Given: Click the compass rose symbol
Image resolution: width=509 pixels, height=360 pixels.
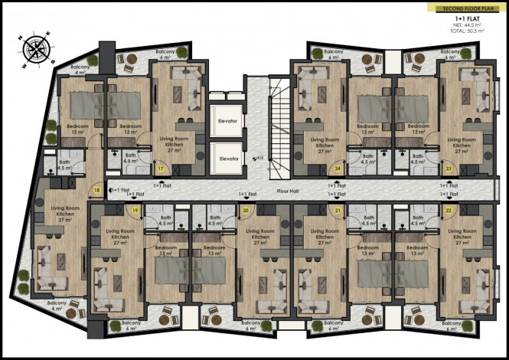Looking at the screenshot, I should tap(35, 47).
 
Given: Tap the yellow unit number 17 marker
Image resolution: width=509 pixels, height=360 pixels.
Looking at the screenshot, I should tap(162, 168).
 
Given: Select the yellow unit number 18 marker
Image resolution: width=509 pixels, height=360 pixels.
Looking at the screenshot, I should tap(97, 190).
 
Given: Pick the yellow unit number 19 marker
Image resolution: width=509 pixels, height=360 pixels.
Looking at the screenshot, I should tap(135, 210).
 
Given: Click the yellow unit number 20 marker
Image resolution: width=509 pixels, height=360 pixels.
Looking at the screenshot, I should tap(246, 210).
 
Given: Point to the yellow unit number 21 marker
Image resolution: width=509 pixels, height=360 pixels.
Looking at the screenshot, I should tap(337, 210).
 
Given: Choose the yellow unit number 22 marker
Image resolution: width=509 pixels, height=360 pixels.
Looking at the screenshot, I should tap(447, 210).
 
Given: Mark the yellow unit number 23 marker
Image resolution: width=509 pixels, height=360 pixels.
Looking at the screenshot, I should tap(449, 168).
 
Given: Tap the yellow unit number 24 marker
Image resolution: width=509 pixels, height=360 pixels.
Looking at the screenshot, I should tap(338, 168).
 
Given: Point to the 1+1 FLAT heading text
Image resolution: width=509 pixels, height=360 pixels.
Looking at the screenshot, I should tap(467, 18).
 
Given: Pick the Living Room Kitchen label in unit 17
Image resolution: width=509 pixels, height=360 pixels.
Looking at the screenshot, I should tap(177, 143).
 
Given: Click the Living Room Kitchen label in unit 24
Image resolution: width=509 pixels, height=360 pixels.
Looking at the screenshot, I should tap(325, 143).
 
